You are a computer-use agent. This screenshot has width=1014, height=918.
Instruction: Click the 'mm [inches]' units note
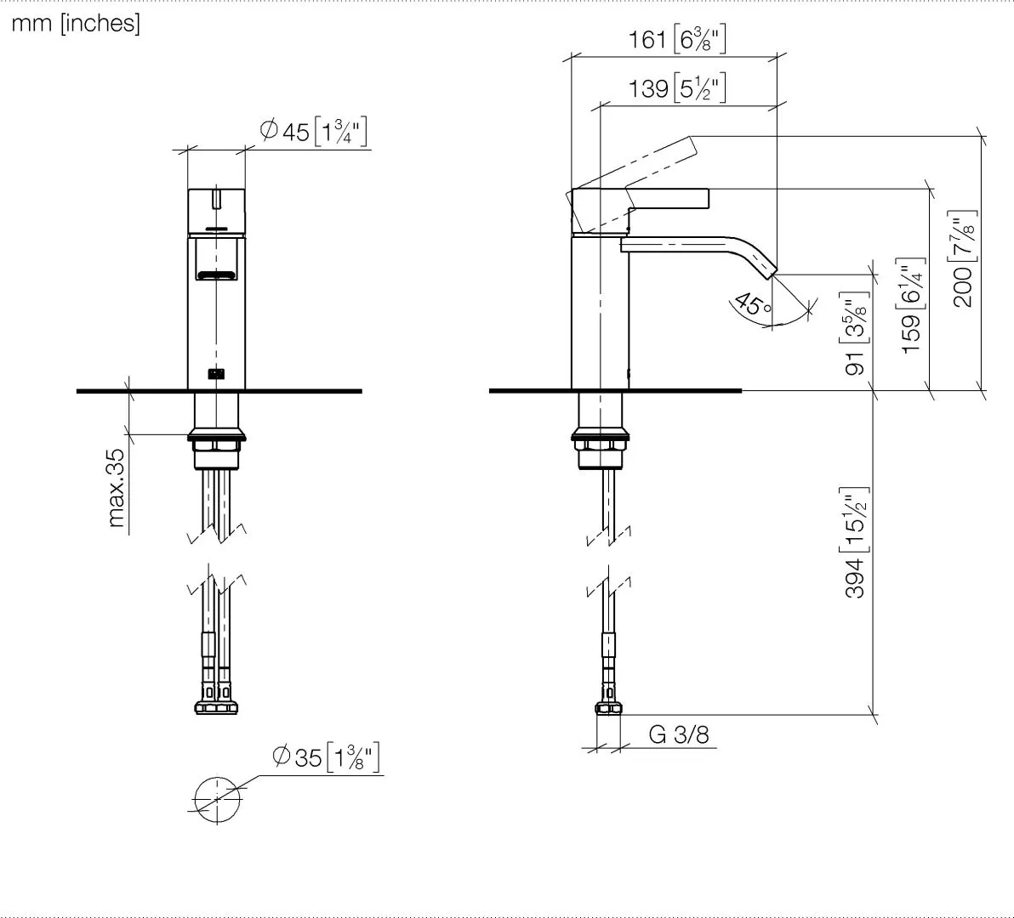coord(76,24)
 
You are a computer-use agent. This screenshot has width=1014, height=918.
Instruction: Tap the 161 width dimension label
coord(677,39)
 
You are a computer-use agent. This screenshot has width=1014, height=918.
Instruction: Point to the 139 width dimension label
coord(677,88)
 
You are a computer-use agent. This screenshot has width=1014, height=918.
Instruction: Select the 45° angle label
coord(751,303)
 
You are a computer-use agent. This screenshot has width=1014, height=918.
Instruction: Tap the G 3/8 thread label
coord(678,734)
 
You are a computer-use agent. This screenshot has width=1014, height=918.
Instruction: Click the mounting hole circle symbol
coord(218,800)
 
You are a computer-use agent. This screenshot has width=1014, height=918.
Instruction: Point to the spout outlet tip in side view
coord(768,269)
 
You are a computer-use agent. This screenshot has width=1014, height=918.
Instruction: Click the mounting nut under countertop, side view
coord(602,442)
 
